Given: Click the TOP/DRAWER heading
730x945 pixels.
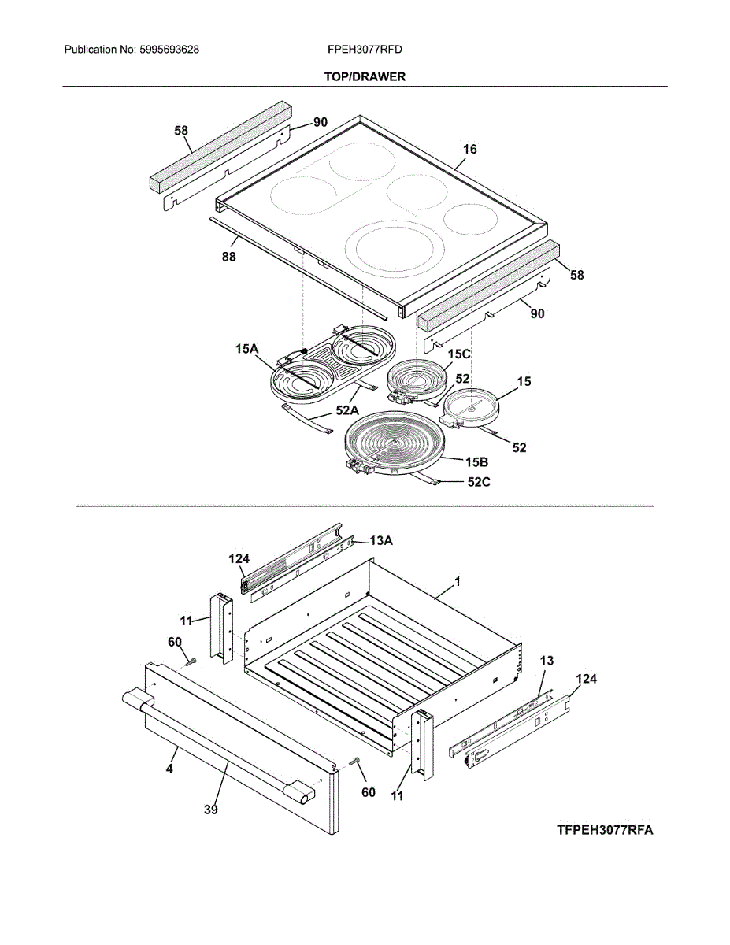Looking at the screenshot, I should click(365, 76).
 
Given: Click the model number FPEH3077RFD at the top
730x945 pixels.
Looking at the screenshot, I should click(365, 50).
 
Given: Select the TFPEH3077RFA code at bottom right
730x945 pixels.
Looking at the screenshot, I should click(605, 830).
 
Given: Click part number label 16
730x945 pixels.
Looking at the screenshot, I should click(470, 149).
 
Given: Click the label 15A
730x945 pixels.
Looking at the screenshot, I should click(245, 348).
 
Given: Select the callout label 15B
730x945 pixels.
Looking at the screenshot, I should click(478, 461).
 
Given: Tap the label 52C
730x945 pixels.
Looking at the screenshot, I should click(478, 483).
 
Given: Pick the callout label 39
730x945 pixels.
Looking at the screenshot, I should click(210, 809).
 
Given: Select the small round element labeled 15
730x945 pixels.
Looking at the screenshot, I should click(472, 408).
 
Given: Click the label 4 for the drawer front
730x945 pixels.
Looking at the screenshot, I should click(169, 769).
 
